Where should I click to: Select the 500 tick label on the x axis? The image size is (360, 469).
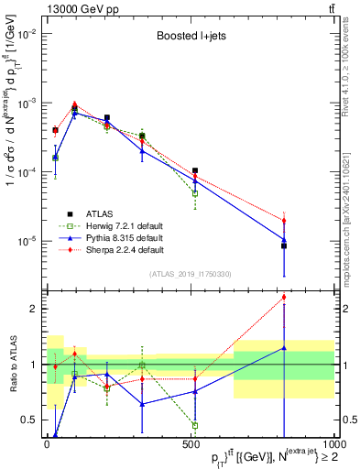coord(191,444)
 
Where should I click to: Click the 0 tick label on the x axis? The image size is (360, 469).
coord(48,444)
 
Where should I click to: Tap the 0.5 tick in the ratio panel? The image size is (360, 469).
coord(27,420)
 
